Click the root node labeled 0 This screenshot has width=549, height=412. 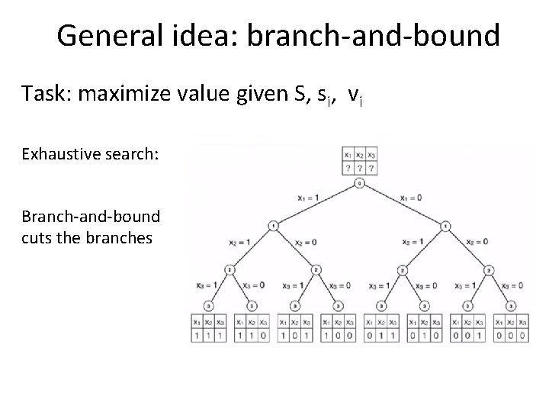[358, 183]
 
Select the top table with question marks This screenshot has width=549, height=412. [358, 161]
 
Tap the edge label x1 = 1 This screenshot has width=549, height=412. [309, 198]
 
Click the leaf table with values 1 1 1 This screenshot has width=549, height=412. [209, 329]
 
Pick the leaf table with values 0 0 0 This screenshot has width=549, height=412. [510, 329]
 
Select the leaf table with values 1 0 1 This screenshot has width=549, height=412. [295, 329]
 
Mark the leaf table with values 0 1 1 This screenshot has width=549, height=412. [381, 329]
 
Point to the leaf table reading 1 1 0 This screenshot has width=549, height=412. [252, 329]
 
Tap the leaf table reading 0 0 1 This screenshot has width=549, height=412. [467, 329]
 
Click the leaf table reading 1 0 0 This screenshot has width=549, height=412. [338, 329]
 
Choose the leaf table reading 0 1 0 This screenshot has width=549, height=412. [424, 329]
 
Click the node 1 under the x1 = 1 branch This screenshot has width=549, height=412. [273, 226]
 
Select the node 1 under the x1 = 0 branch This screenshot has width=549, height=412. [445, 226]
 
